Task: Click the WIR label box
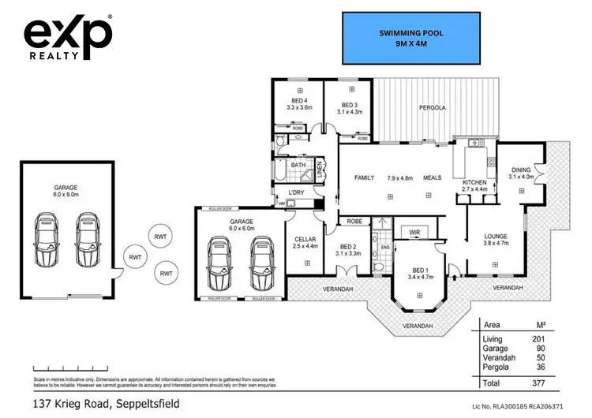[414, 232]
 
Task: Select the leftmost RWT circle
[135, 256]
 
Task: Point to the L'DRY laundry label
[297, 193]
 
